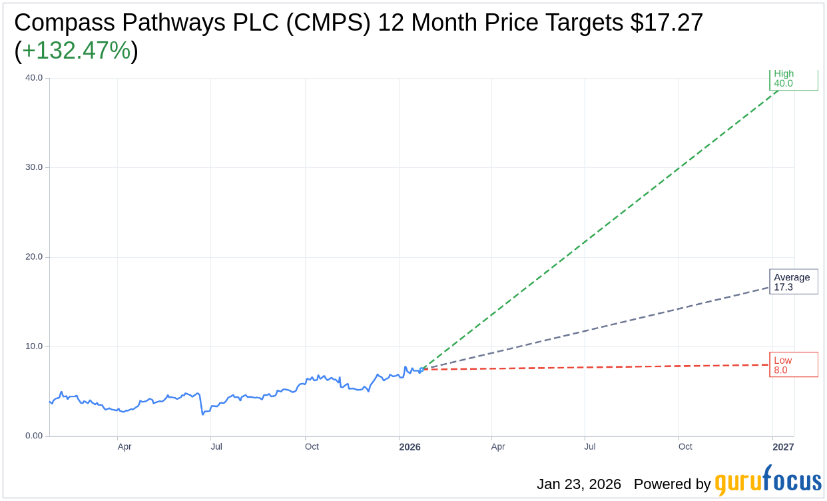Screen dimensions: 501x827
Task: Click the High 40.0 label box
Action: pyautogui.click(x=793, y=79)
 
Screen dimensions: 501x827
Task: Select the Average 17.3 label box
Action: pyautogui.click(x=793, y=282)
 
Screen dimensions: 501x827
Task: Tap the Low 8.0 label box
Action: pyautogui.click(x=793, y=365)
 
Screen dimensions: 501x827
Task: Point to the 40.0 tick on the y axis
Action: pyautogui.click(x=34, y=78)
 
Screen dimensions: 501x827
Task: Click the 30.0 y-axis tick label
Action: pyautogui.click(x=34, y=167)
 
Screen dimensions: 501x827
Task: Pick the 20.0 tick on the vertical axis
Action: pyautogui.click(x=34, y=257)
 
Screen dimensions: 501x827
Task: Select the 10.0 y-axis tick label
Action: pyautogui.click(x=34, y=346)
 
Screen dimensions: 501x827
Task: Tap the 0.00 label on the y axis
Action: pyautogui.click(x=34, y=436)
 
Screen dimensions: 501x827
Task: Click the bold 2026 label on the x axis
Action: pyautogui.click(x=410, y=447)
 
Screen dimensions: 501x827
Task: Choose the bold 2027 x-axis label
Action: pyautogui.click(x=783, y=447)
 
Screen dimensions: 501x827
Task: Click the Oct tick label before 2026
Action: pyautogui.click(x=312, y=446)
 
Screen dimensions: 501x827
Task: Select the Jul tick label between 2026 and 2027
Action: pyautogui.click(x=590, y=446)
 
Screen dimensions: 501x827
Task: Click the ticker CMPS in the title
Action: pyautogui.click(x=332, y=23)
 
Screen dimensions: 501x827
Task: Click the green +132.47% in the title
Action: pyautogui.click(x=76, y=51)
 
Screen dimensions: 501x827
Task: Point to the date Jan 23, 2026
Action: pyautogui.click(x=579, y=484)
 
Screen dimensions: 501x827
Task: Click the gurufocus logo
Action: pyautogui.click(x=768, y=481)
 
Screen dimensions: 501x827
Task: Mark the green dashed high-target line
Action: pyautogui.click(x=599, y=230)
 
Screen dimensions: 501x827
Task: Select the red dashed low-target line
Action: pyautogui.click(x=599, y=367)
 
